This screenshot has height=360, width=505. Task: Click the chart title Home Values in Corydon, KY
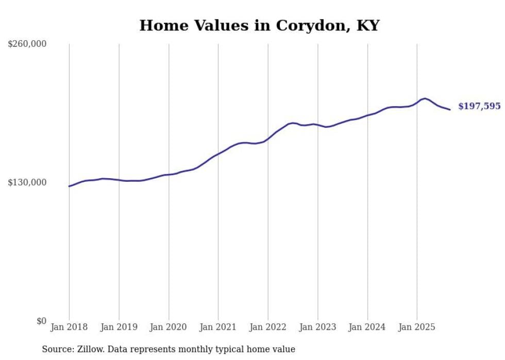[x=259, y=25]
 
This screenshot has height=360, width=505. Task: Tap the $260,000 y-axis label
[x=27, y=44]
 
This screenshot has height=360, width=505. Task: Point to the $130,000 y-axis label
[x=27, y=182]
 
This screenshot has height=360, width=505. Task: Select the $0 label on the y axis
[x=41, y=321]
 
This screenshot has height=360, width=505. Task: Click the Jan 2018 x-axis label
[x=69, y=327]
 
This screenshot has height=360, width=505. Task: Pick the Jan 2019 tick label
[x=119, y=327]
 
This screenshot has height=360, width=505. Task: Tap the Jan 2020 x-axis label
[x=169, y=327]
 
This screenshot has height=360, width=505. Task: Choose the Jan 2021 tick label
[x=218, y=327]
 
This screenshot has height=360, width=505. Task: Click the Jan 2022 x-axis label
[x=268, y=327]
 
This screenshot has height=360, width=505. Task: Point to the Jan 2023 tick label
[x=317, y=327]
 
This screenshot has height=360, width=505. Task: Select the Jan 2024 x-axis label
[x=367, y=327]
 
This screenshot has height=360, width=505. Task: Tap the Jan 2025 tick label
[x=417, y=327]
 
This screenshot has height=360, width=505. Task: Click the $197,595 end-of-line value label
[x=479, y=107]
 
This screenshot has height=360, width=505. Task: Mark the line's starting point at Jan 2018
[x=69, y=186]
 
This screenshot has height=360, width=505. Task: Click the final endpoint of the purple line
[x=450, y=109]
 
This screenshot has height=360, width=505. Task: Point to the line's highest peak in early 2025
[x=425, y=98]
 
